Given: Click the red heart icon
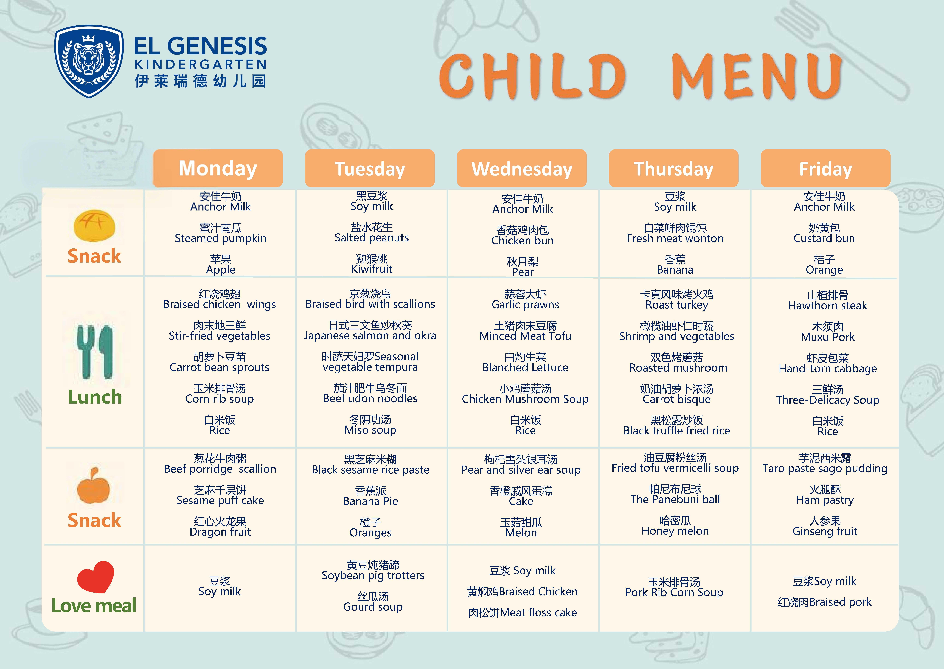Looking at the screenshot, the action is (x=96, y=577).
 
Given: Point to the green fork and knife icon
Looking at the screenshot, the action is (x=95, y=351).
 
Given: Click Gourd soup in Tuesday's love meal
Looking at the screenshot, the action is (x=373, y=607).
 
